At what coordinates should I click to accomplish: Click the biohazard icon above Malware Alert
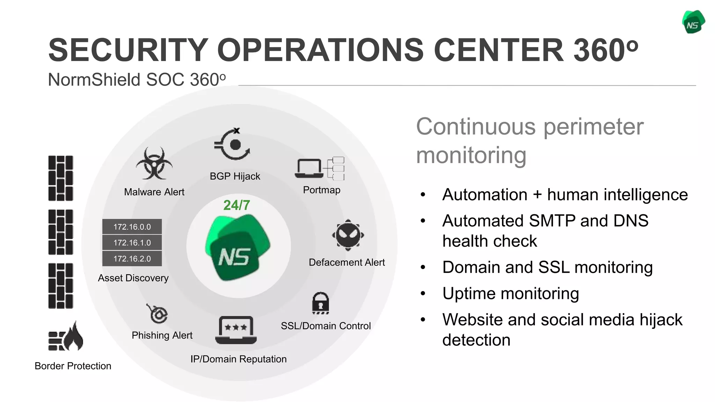(154, 163)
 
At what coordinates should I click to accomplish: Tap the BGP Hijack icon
(233, 144)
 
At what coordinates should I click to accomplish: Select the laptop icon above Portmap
(309, 169)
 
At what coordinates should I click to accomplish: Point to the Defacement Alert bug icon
(348, 235)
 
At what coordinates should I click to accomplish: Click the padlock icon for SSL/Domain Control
(320, 303)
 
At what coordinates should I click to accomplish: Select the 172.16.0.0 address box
(132, 227)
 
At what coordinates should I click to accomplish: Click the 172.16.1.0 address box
(132, 243)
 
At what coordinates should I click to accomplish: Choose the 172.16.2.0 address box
(132, 259)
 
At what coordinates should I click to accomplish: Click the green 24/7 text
(237, 205)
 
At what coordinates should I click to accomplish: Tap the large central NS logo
(237, 248)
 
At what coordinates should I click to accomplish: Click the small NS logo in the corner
(693, 22)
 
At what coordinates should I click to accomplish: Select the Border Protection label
(73, 366)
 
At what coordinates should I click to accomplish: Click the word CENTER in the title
(498, 50)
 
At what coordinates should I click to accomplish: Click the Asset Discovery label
(133, 278)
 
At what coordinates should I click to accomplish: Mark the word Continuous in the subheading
(476, 126)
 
